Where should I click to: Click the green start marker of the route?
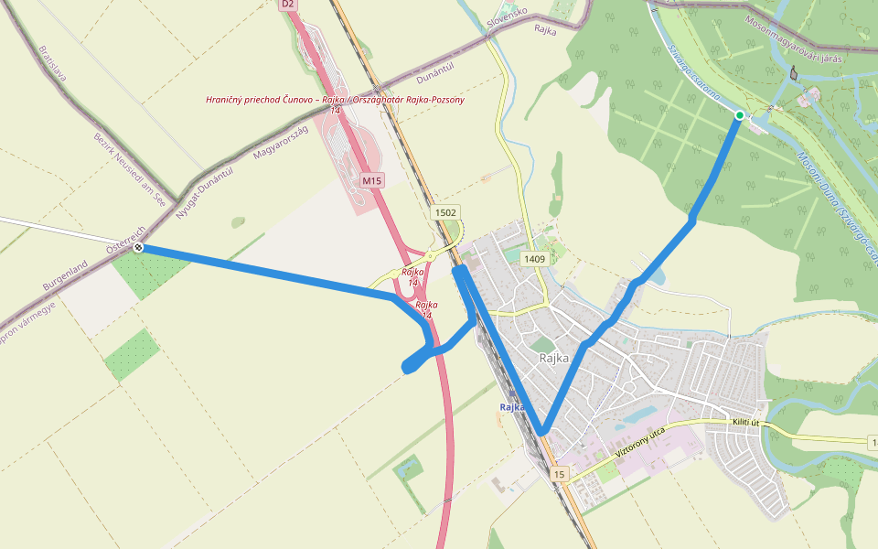point(740,114)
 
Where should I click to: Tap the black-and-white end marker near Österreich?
point(138,247)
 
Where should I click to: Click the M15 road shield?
point(371,180)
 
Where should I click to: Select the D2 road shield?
point(288,5)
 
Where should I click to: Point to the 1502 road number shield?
point(445,212)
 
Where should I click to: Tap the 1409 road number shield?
point(535,260)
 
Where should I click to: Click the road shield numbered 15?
point(559,474)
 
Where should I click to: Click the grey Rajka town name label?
point(554,358)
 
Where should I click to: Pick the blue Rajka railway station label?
point(511,407)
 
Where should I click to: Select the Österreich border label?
point(125,236)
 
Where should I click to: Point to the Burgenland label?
point(64,275)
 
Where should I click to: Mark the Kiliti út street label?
point(746,422)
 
